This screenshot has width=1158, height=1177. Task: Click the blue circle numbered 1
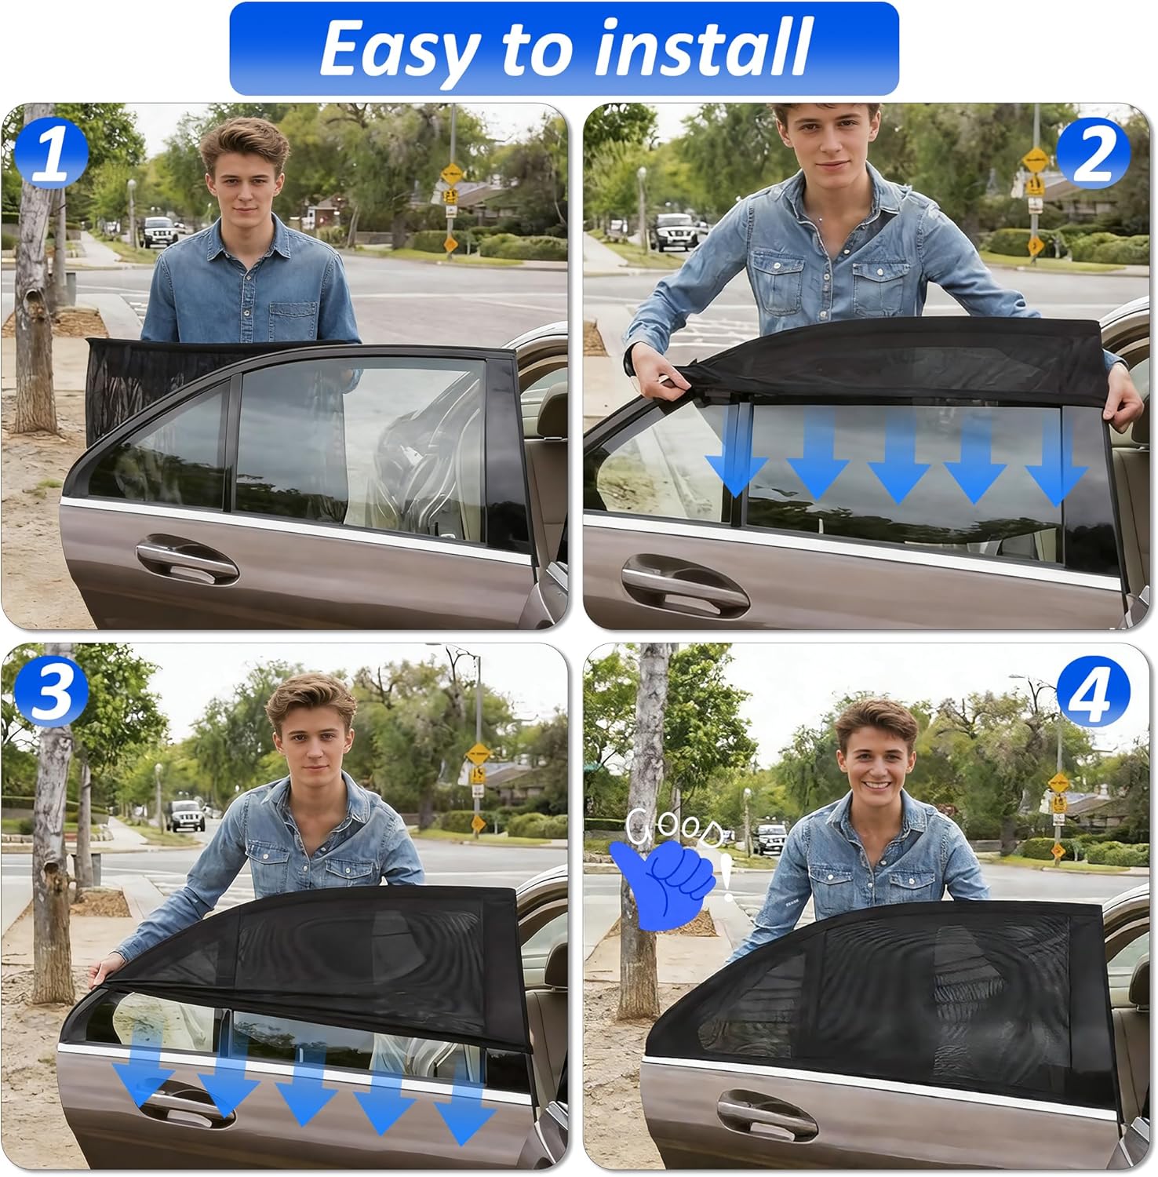[51, 151]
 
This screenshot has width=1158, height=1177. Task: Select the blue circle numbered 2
[1093, 152]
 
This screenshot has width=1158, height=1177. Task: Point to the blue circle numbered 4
[1093, 691]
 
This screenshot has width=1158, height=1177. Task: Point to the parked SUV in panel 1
[158, 231]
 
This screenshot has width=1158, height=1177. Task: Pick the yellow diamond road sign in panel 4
[1058, 782]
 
